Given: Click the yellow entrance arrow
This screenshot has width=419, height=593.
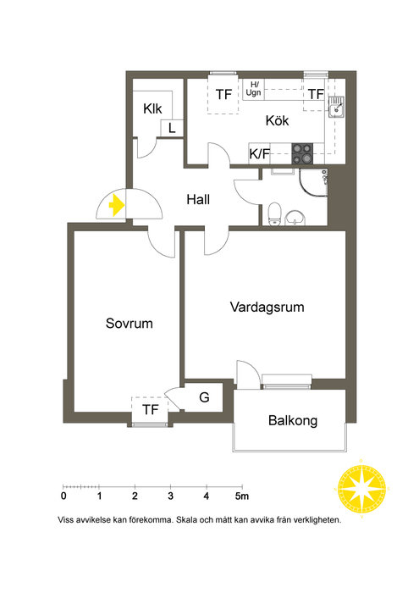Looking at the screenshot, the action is pyautogui.click(x=117, y=205).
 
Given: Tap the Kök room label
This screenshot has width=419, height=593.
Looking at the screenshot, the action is pyautogui.click(x=277, y=120).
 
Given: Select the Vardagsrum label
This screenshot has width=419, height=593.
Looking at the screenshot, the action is pyautogui.click(x=267, y=307).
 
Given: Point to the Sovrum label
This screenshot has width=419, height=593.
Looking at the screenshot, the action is pyautogui.click(x=130, y=324).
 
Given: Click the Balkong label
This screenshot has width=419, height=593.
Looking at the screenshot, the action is pyautogui.click(x=293, y=420).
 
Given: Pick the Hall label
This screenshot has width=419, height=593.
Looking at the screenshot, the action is pyautogui.click(x=198, y=199).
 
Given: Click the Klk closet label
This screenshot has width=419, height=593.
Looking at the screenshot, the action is pyautogui.click(x=152, y=109).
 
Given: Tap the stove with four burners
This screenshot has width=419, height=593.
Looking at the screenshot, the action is pyautogui.click(x=302, y=153).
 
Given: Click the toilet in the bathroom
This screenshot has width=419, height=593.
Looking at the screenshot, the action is pyautogui.click(x=274, y=213).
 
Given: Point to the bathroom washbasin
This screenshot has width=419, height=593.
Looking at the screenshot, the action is pyautogui.click(x=295, y=218).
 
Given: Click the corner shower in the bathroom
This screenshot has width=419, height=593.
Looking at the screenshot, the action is pyautogui.click(x=313, y=183).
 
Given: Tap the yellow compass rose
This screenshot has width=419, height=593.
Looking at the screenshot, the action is pyautogui.click(x=361, y=488).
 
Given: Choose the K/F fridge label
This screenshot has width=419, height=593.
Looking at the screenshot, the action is pyautogui.click(x=260, y=154).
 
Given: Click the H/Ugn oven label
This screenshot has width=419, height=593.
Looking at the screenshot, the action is pyautogui.click(x=253, y=88).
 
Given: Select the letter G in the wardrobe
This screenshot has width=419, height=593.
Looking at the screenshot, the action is pyautogui.click(x=204, y=397).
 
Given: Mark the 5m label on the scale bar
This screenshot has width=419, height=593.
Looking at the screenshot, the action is pyautogui.click(x=242, y=496).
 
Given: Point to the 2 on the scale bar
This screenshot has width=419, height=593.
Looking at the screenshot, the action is pyautogui.click(x=135, y=496).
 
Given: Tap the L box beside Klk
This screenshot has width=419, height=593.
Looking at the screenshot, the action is pyautogui.click(x=173, y=128).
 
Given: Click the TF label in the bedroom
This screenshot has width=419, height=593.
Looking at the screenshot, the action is pyautogui.click(x=151, y=409).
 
